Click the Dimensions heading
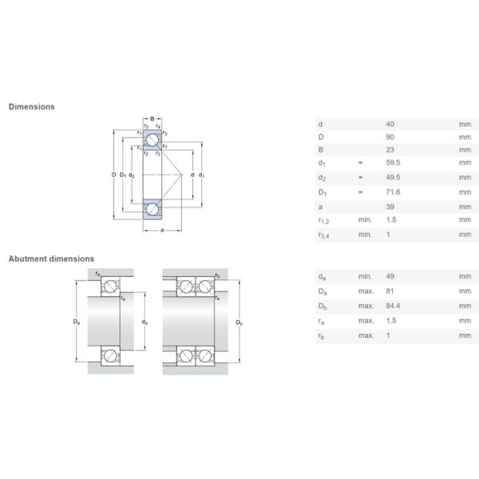click(32, 106)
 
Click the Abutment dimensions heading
click(51, 259)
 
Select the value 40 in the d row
click(390, 125)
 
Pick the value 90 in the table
click(390, 137)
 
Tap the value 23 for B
click(390, 149)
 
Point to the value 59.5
click(392, 162)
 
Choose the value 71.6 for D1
click(392, 192)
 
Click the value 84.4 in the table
click(392, 306)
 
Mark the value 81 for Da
click(390, 291)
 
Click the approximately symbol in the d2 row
click(360, 177)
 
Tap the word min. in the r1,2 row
click(365, 220)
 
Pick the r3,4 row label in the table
click(323, 235)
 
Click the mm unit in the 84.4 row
click(464, 306)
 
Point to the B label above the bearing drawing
click(152, 119)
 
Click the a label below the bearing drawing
click(162, 231)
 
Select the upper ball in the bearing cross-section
click(152, 141)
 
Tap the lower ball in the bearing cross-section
click(152, 208)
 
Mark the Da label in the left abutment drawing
click(77, 321)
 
